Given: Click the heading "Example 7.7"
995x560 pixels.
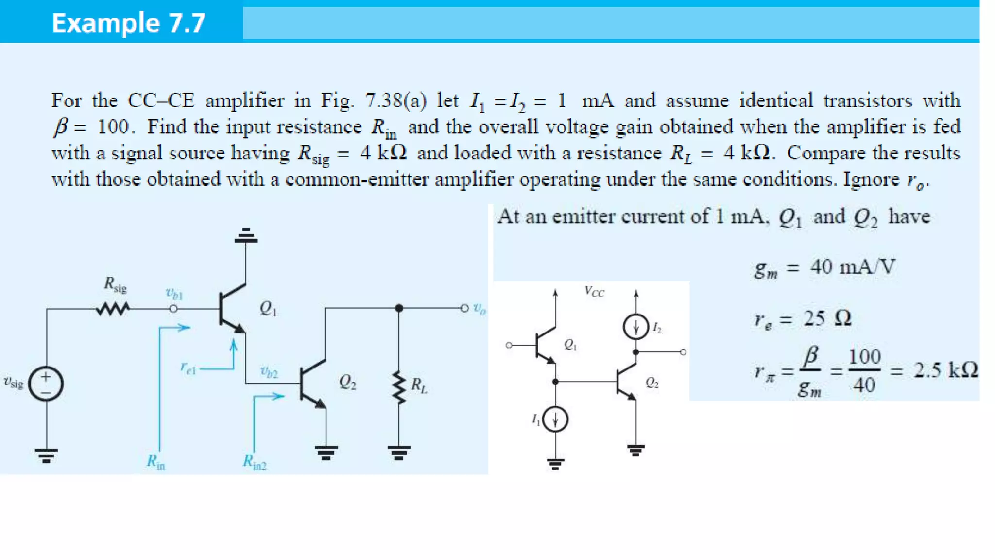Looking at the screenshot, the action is click(x=128, y=23).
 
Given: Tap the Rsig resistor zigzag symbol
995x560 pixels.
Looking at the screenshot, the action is click(x=113, y=309).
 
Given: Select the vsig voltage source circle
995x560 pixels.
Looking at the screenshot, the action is click(x=46, y=384).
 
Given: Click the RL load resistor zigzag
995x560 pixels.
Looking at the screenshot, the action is click(x=399, y=387).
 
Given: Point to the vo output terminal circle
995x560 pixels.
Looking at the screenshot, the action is click(x=464, y=308).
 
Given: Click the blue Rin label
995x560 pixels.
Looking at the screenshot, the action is click(x=156, y=461).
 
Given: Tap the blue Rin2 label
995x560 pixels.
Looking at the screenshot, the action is click(x=255, y=461).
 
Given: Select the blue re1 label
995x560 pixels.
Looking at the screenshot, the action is click(x=188, y=368).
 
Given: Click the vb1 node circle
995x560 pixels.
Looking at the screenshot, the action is click(x=173, y=309).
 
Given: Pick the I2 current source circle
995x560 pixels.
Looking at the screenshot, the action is click(x=635, y=327).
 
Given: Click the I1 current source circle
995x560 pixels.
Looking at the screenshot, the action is click(x=555, y=419).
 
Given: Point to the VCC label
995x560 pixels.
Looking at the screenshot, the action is click(x=594, y=292).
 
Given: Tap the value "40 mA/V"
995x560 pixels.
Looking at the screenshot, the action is click(x=853, y=267).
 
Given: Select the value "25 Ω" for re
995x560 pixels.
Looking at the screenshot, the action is click(x=827, y=318).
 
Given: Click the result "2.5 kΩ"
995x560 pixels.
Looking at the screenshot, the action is click(x=945, y=370).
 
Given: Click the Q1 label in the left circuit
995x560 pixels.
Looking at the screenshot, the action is click(x=268, y=308).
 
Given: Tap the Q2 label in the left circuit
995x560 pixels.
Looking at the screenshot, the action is click(x=347, y=382).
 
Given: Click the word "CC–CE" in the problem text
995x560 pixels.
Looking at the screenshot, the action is click(x=161, y=101).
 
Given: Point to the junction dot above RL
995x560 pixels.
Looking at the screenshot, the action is click(x=399, y=308).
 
